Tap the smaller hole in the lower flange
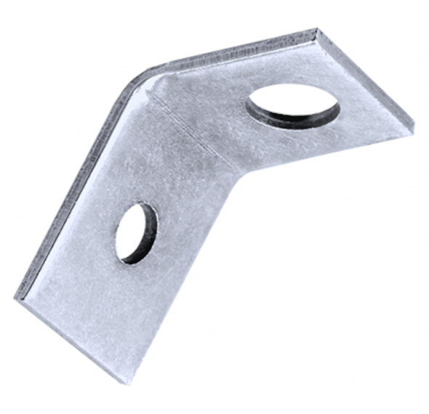point(137,232)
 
